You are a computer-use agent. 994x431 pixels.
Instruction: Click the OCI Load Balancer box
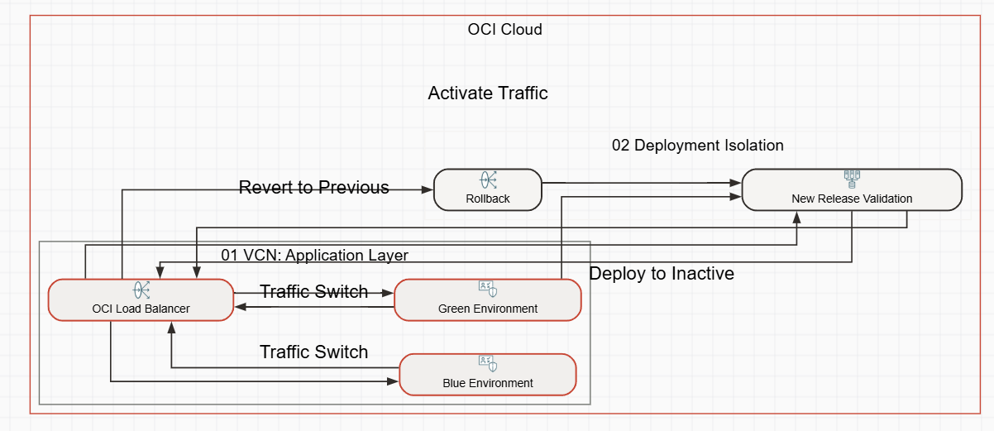pyautogui.click(x=141, y=300)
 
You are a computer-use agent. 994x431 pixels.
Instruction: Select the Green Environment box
pyautogui.click(x=488, y=300)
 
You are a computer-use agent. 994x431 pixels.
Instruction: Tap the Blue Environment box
pyautogui.click(x=488, y=375)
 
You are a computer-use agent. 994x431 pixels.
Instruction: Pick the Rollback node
pyautogui.click(x=488, y=190)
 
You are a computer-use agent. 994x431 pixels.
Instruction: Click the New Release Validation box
pyautogui.click(x=852, y=190)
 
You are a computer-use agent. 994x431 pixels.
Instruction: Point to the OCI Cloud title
pyautogui.click(x=504, y=30)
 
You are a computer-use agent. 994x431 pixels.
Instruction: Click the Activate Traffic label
pyautogui.click(x=488, y=93)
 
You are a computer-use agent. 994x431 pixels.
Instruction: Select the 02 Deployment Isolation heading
pyautogui.click(x=697, y=146)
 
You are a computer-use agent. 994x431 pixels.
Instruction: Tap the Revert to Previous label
pyautogui.click(x=314, y=188)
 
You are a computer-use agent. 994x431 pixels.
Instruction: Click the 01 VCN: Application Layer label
pyautogui.click(x=314, y=255)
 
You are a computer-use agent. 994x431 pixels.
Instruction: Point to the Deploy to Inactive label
pyautogui.click(x=662, y=274)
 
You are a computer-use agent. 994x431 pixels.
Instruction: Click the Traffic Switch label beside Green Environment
pyautogui.click(x=314, y=291)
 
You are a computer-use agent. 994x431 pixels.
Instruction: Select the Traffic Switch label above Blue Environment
pyautogui.click(x=314, y=352)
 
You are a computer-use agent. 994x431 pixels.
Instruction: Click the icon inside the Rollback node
pyautogui.click(x=488, y=180)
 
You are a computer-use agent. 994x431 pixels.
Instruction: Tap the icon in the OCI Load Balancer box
pyautogui.click(x=141, y=290)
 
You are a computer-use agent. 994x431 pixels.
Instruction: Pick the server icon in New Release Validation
pyautogui.click(x=852, y=178)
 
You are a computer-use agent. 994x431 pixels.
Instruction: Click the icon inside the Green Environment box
pyautogui.click(x=488, y=290)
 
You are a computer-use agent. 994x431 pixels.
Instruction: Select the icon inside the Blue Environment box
pyautogui.click(x=488, y=363)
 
